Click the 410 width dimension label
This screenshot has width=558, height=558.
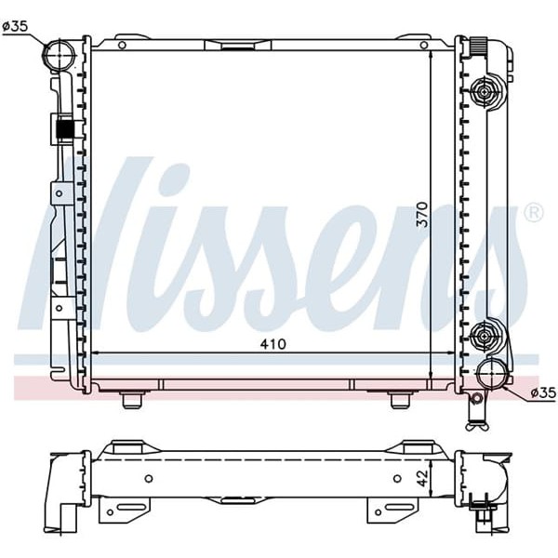pos(272,344)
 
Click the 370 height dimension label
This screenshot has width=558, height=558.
pos(422,215)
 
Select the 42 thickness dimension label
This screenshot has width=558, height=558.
pos(422,478)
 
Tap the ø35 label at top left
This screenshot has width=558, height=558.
pos(15,26)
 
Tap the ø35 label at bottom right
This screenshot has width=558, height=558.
pos(543,392)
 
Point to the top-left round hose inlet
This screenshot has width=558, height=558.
pos(60,54)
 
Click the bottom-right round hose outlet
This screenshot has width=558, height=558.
pos(493,373)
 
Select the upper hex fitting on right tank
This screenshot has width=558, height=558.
pos(484,92)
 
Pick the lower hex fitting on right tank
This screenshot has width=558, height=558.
pos(484,336)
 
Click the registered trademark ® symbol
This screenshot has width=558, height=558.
pos(534,213)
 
